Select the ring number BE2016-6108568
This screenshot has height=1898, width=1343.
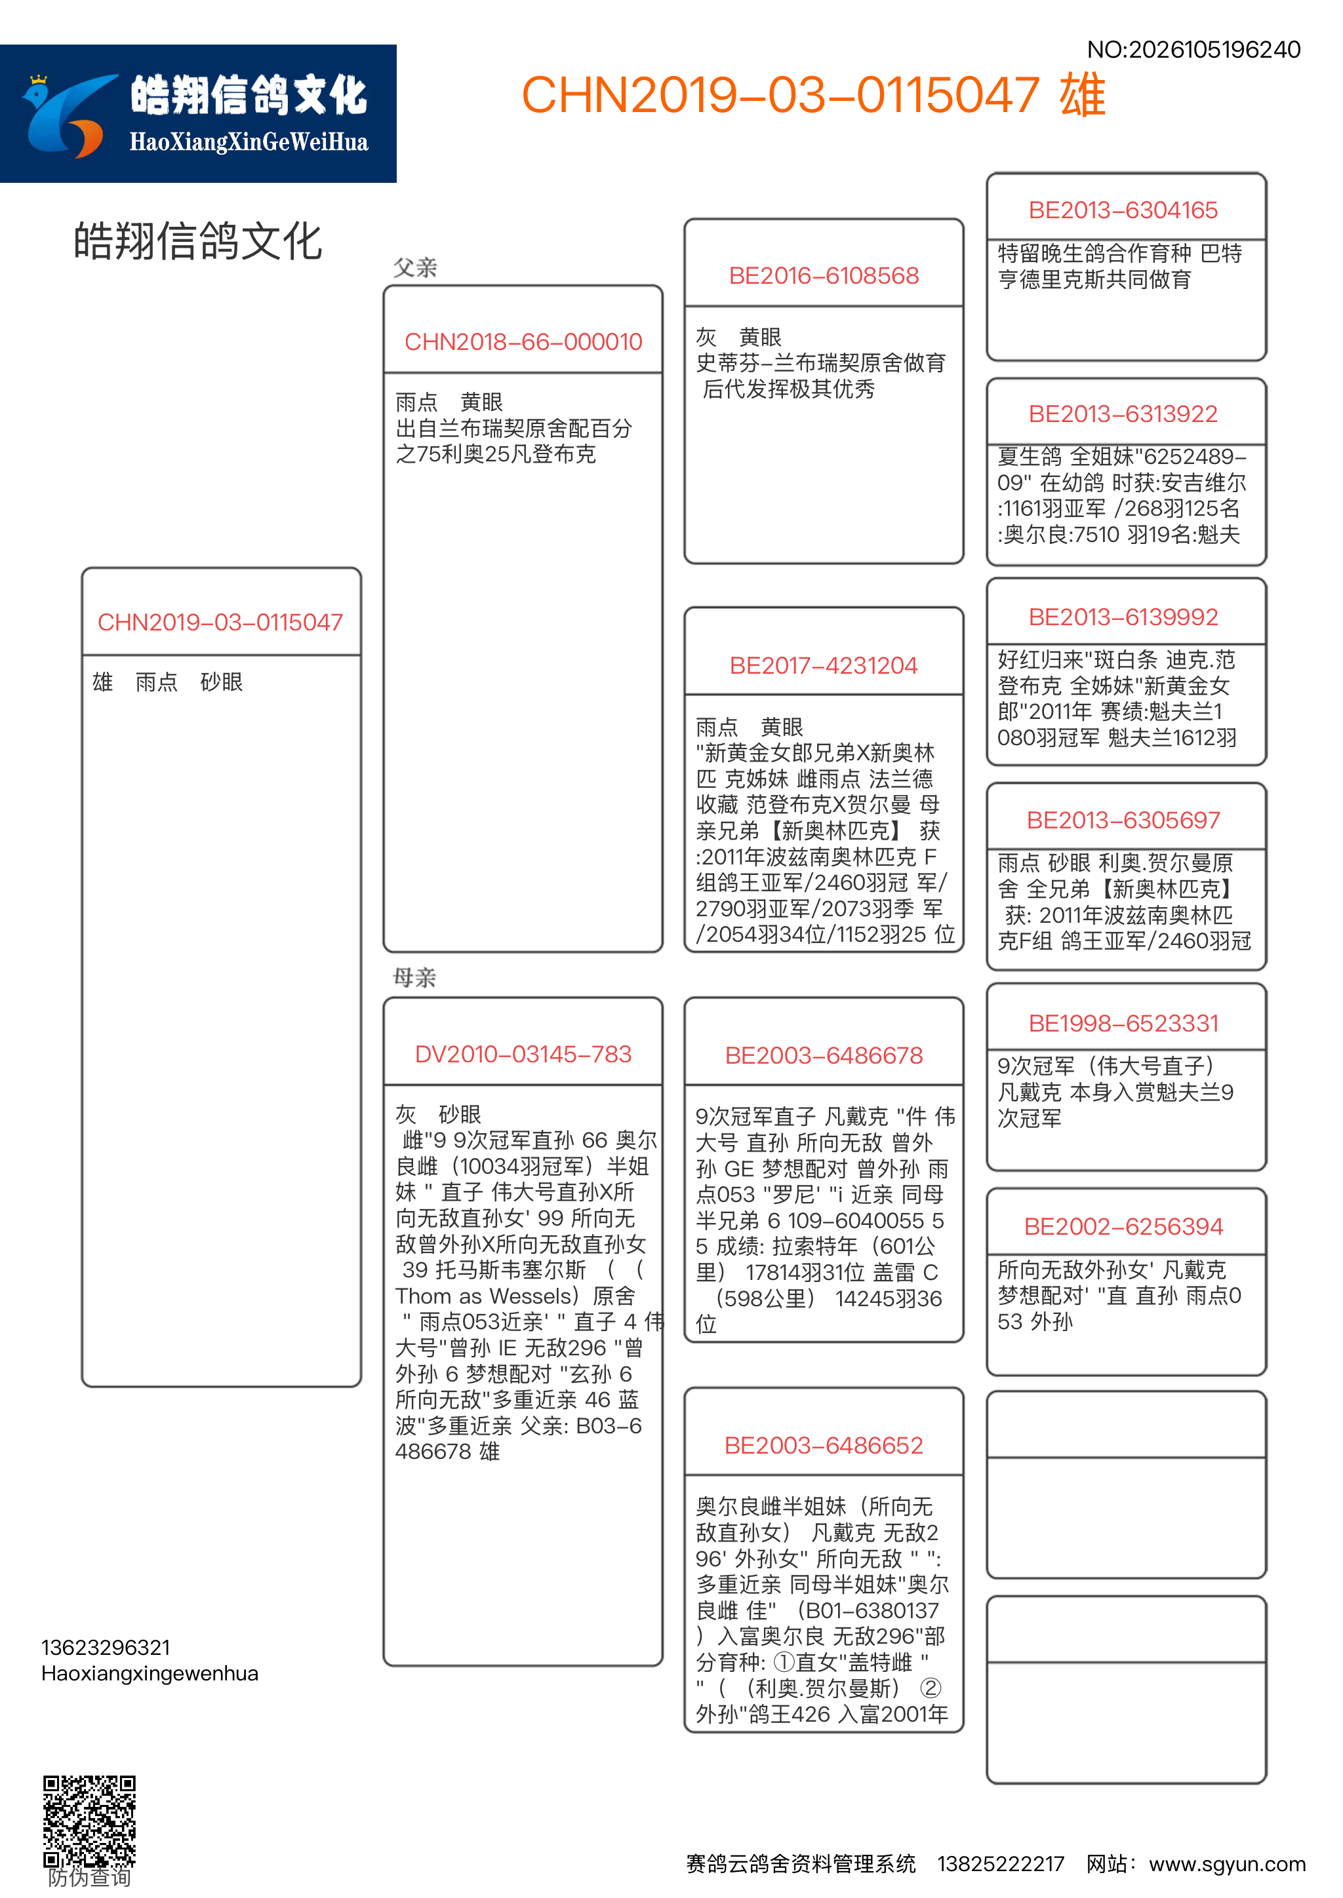(x=824, y=276)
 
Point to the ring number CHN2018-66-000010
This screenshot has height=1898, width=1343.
(x=523, y=342)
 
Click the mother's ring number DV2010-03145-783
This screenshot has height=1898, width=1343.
(x=523, y=1055)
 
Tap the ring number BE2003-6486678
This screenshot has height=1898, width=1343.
(x=824, y=1056)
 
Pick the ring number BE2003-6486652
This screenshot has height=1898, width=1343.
(x=824, y=1446)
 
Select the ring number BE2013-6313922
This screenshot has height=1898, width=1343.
(x=1123, y=414)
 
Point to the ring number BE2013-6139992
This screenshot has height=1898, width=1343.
(x=1123, y=617)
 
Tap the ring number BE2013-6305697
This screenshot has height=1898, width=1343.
(x=1123, y=821)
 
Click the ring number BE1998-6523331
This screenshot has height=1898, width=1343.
(x=1123, y=1024)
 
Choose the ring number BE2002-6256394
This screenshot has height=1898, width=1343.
(x=1123, y=1228)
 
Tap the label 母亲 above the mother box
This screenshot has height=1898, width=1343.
(x=414, y=978)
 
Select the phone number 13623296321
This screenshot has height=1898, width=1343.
(x=106, y=1648)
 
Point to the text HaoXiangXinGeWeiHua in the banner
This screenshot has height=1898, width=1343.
(x=248, y=143)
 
